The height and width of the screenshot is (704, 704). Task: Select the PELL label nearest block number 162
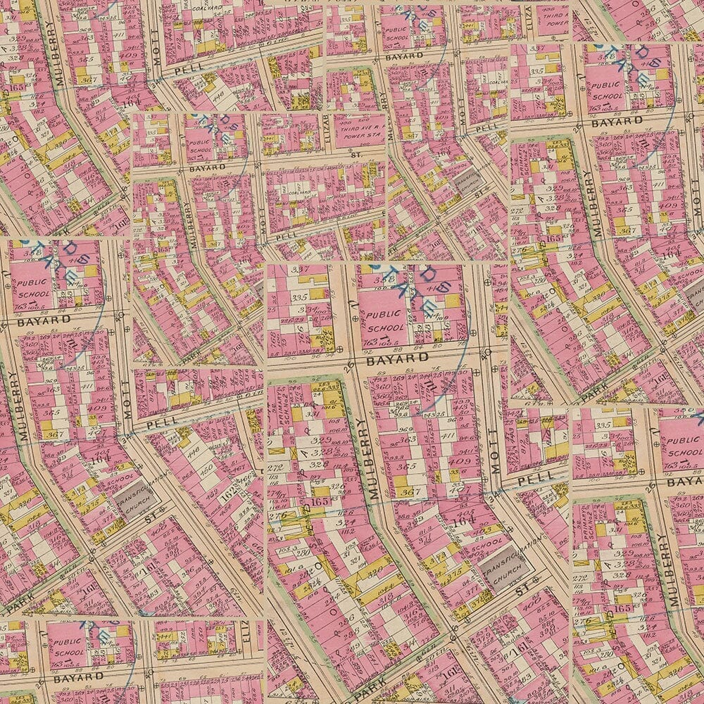(x=161, y=422)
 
